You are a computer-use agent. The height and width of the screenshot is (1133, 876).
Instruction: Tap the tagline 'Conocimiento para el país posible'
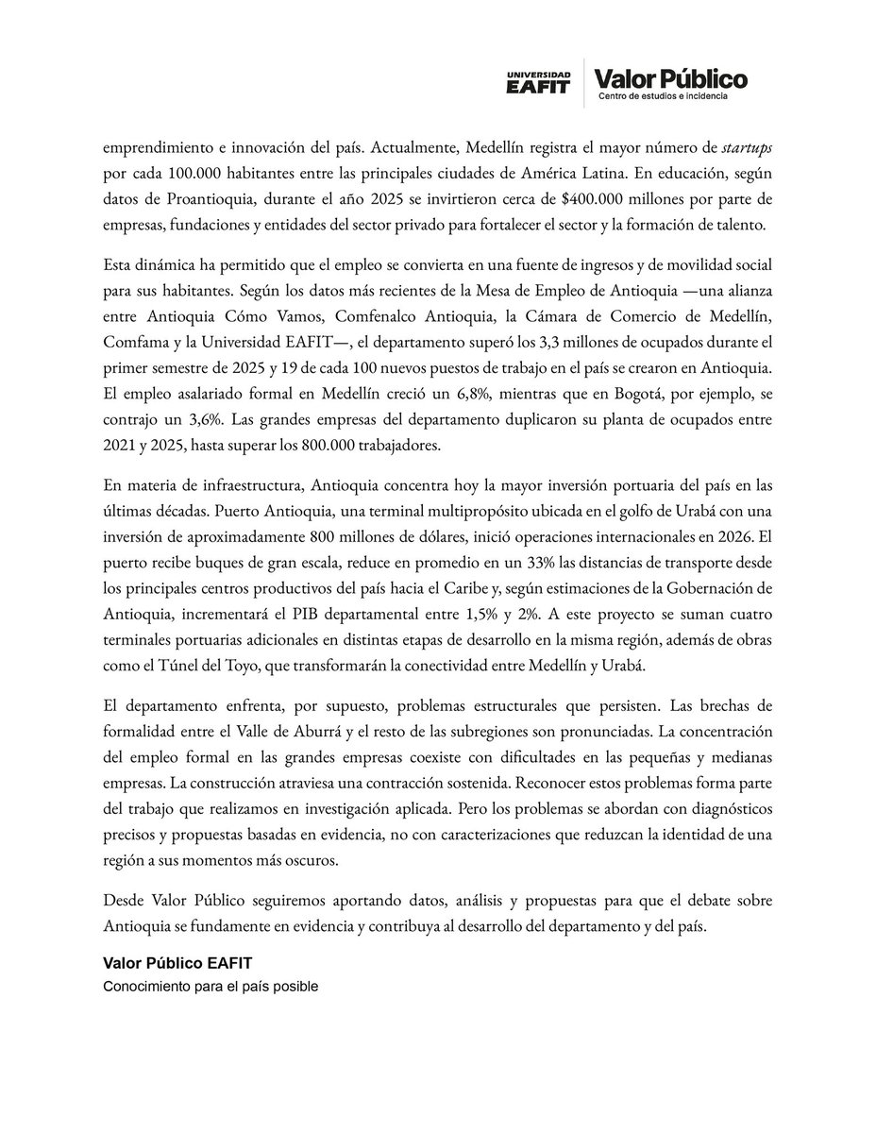coord(211,987)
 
